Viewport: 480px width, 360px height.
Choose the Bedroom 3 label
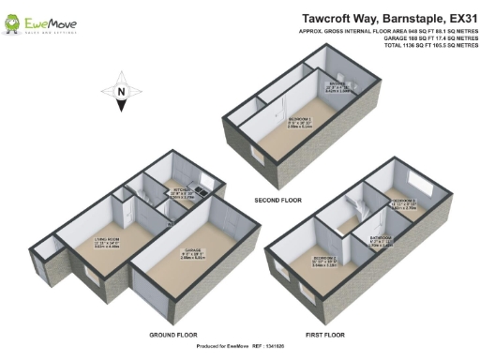[404, 205]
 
